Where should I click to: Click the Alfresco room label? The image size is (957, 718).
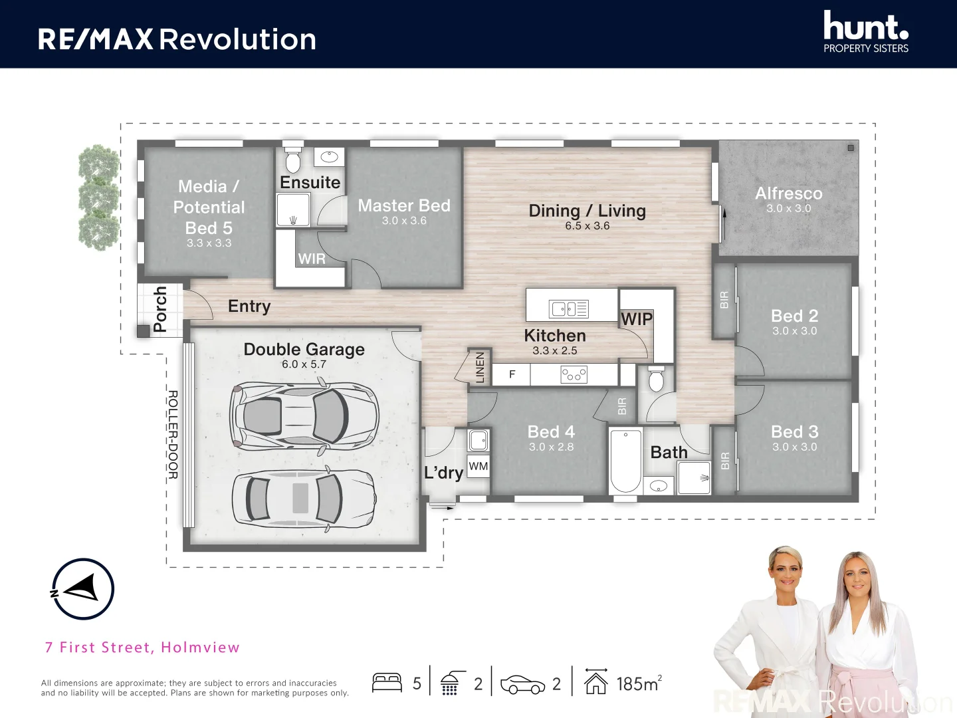click(x=789, y=193)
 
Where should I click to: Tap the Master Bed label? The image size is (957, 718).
click(x=404, y=205)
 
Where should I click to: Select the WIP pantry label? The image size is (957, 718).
click(x=637, y=319)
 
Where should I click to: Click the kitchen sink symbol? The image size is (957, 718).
click(x=568, y=309)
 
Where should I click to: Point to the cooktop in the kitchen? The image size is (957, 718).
click(x=574, y=374)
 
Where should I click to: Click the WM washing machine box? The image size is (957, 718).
click(x=478, y=466)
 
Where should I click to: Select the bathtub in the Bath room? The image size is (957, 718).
click(x=625, y=461)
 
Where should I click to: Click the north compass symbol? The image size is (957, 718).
click(x=83, y=589)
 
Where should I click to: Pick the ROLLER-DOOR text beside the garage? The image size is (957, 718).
click(x=173, y=435)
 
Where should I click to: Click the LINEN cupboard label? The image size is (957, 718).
click(x=480, y=367)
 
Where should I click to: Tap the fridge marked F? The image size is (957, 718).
click(x=512, y=374)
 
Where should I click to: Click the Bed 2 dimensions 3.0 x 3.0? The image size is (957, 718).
click(x=794, y=330)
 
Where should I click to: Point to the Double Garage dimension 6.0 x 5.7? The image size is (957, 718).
click(x=304, y=364)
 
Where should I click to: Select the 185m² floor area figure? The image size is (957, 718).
click(x=639, y=683)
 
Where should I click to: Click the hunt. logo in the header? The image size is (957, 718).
click(x=866, y=31)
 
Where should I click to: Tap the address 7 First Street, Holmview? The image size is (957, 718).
click(x=143, y=648)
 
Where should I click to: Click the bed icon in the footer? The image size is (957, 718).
click(x=387, y=683)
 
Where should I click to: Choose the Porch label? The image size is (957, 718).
click(x=159, y=308)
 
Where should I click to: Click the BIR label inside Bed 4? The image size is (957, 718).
click(x=622, y=406)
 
